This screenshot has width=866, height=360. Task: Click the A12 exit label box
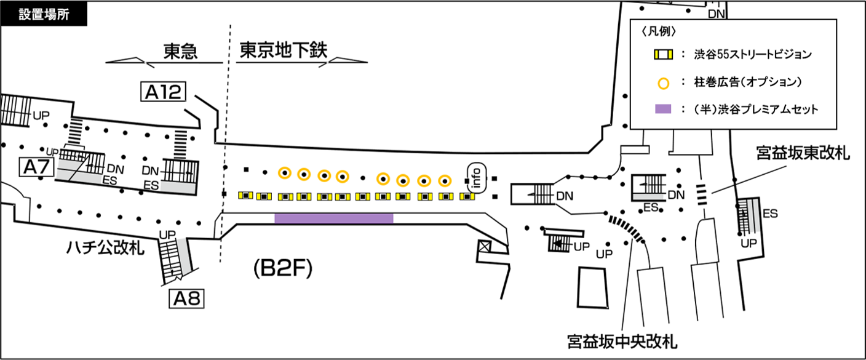(x=163, y=92)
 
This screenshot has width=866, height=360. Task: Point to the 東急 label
(x=180, y=52)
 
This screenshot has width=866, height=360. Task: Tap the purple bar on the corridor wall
(x=333, y=218)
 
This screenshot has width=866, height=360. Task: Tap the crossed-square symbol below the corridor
(x=485, y=248)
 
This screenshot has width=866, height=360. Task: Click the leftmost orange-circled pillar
(x=284, y=174)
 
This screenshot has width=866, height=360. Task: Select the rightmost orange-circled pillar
(x=445, y=181)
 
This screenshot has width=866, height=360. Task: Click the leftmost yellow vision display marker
(x=246, y=195)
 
